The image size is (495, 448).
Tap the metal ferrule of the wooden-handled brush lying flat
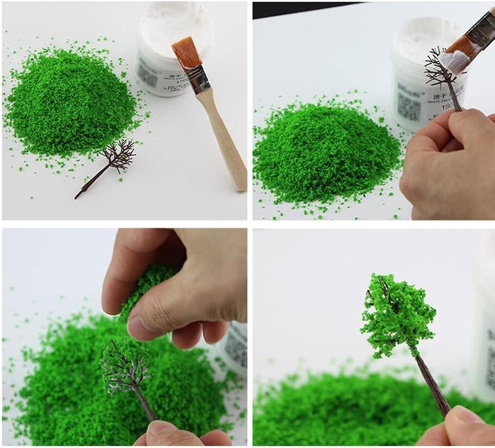(x=199, y=80)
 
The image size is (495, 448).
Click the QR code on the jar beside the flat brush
(x=147, y=75)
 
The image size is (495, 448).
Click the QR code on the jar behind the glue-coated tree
(x=408, y=105)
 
